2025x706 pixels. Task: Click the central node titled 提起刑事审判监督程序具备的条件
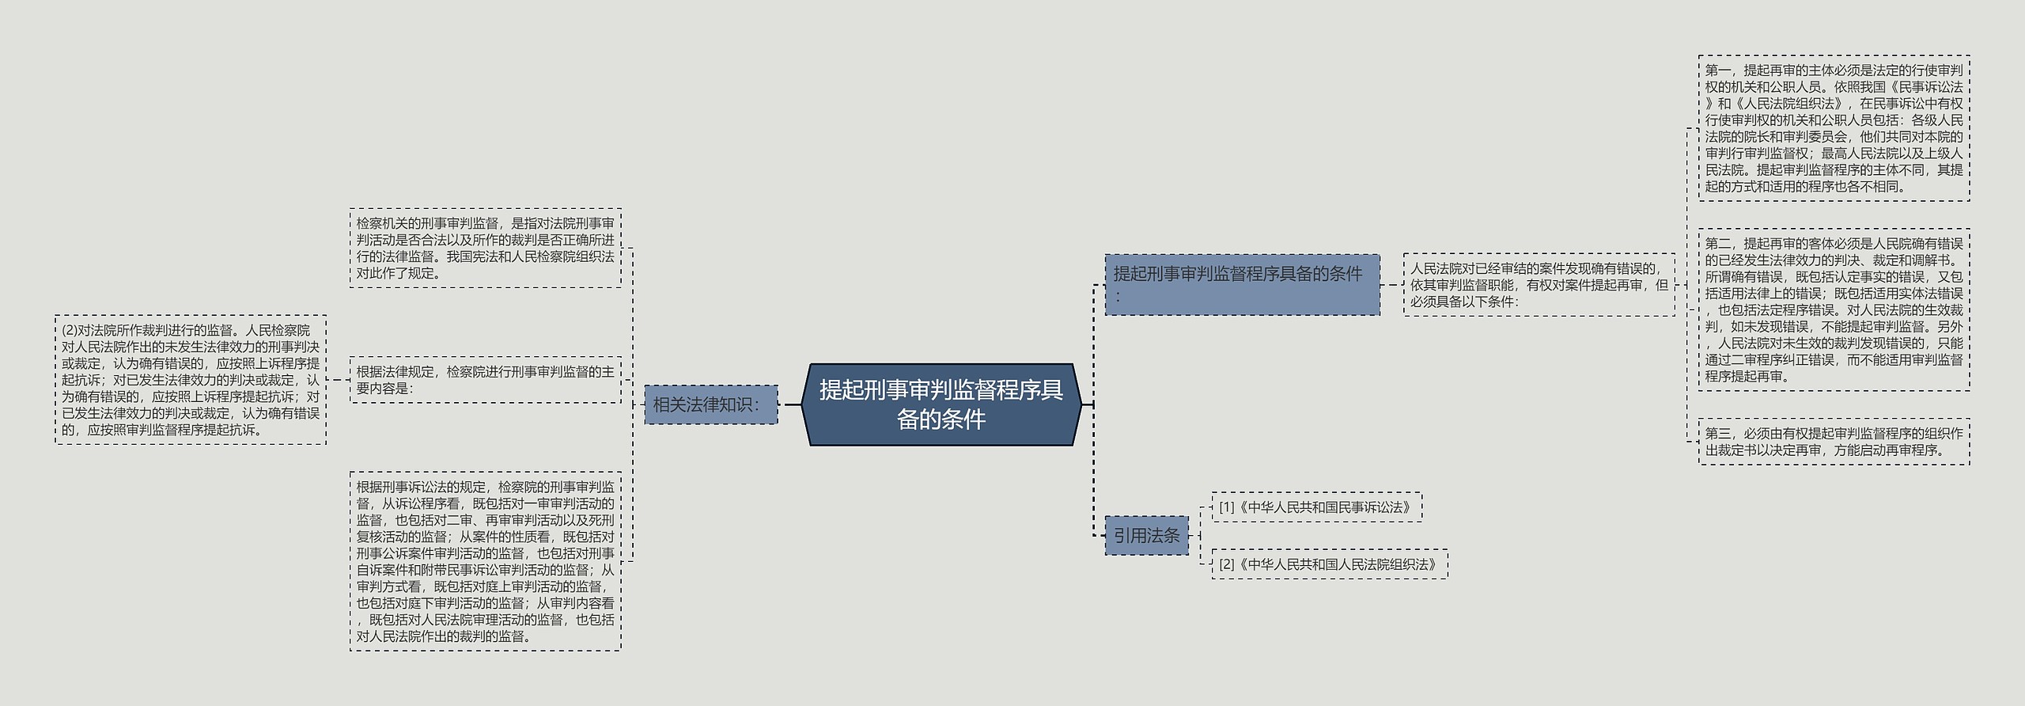tap(941, 404)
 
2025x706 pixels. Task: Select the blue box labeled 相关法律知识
tap(710, 404)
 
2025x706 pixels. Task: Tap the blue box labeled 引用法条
tap(1146, 536)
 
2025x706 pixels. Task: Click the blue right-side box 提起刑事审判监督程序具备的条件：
tap(1242, 285)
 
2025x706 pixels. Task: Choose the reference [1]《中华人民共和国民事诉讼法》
tap(1316, 507)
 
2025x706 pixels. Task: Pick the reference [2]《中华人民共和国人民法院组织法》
tap(1329, 564)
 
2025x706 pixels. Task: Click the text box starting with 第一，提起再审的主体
tap(1834, 128)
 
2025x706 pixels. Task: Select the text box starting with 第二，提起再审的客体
tap(1834, 309)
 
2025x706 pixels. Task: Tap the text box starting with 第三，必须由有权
tap(1834, 442)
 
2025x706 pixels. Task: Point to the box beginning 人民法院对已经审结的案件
tap(1539, 285)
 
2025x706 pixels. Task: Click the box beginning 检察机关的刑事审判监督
tap(485, 248)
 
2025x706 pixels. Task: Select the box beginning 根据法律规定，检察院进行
tap(485, 380)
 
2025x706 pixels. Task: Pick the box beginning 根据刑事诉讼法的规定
tap(485, 561)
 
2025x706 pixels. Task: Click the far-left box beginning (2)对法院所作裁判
tap(191, 380)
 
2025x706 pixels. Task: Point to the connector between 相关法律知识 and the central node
tap(791, 404)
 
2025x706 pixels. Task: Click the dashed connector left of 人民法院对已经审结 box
tap(1391, 285)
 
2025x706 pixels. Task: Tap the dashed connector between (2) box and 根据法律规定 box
tap(338, 380)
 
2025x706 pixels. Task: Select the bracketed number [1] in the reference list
tap(1226, 507)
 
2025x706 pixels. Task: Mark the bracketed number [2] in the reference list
tap(1226, 564)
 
